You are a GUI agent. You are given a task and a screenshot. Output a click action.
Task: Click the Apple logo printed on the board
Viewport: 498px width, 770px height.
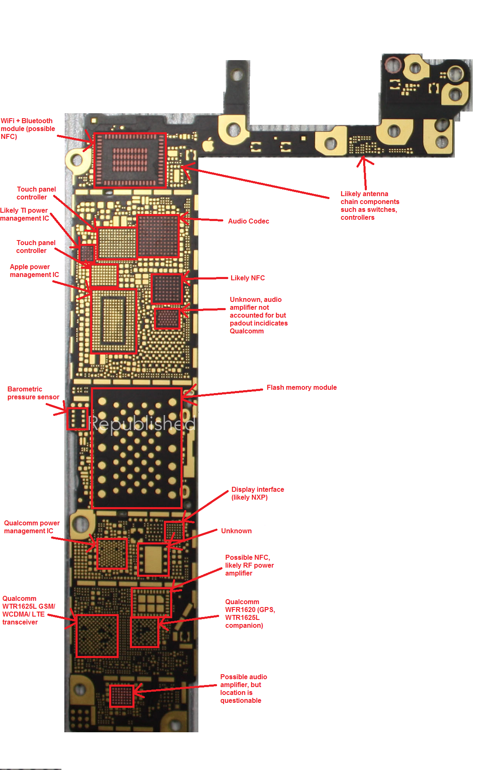[x=208, y=145]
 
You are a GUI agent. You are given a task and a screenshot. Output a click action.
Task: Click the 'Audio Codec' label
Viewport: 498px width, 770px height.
[x=248, y=221]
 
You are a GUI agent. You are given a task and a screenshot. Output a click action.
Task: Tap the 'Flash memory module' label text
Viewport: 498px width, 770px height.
[x=301, y=388]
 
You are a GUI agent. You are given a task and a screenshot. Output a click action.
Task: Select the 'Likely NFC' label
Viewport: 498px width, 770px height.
[x=247, y=278]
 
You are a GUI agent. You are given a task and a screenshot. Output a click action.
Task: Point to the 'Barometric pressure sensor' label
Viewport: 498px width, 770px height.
[x=33, y=393]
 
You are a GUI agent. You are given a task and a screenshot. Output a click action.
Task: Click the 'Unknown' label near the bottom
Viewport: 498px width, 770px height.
[x=236, y=531]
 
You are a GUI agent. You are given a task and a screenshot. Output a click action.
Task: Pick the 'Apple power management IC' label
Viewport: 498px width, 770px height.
[x=34, y=271]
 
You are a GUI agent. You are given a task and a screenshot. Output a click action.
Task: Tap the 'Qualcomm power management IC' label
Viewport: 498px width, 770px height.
[x=32, y=527]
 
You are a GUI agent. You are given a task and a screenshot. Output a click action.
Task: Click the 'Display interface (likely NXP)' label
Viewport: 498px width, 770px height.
[x=257, y=493]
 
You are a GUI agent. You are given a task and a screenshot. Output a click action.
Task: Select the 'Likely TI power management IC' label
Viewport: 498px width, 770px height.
[x=24, y=214]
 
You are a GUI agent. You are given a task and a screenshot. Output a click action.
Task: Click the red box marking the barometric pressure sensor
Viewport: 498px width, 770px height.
[x=77, y=418]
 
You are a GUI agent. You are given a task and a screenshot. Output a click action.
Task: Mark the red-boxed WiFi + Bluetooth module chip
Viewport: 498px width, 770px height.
[x=130, y=160]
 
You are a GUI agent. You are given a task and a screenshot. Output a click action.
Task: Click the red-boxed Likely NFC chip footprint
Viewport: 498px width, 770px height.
[x=167, y=289]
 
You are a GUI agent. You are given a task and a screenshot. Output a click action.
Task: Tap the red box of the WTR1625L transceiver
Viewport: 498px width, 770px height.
[x=97, y=636]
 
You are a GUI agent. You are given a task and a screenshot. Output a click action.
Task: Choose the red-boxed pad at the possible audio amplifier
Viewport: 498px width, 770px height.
[x=121, y=696]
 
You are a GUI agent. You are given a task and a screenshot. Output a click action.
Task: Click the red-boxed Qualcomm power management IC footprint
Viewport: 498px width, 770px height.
[x=112, y=554]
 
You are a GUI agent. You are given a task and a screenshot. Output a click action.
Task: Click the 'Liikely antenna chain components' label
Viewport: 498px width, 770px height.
[x=369, y=206]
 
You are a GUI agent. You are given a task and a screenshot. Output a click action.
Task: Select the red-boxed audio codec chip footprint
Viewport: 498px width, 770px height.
[x=158, y=236]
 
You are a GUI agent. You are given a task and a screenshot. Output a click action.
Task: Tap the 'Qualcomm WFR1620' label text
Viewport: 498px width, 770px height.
[x=250, y=614]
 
